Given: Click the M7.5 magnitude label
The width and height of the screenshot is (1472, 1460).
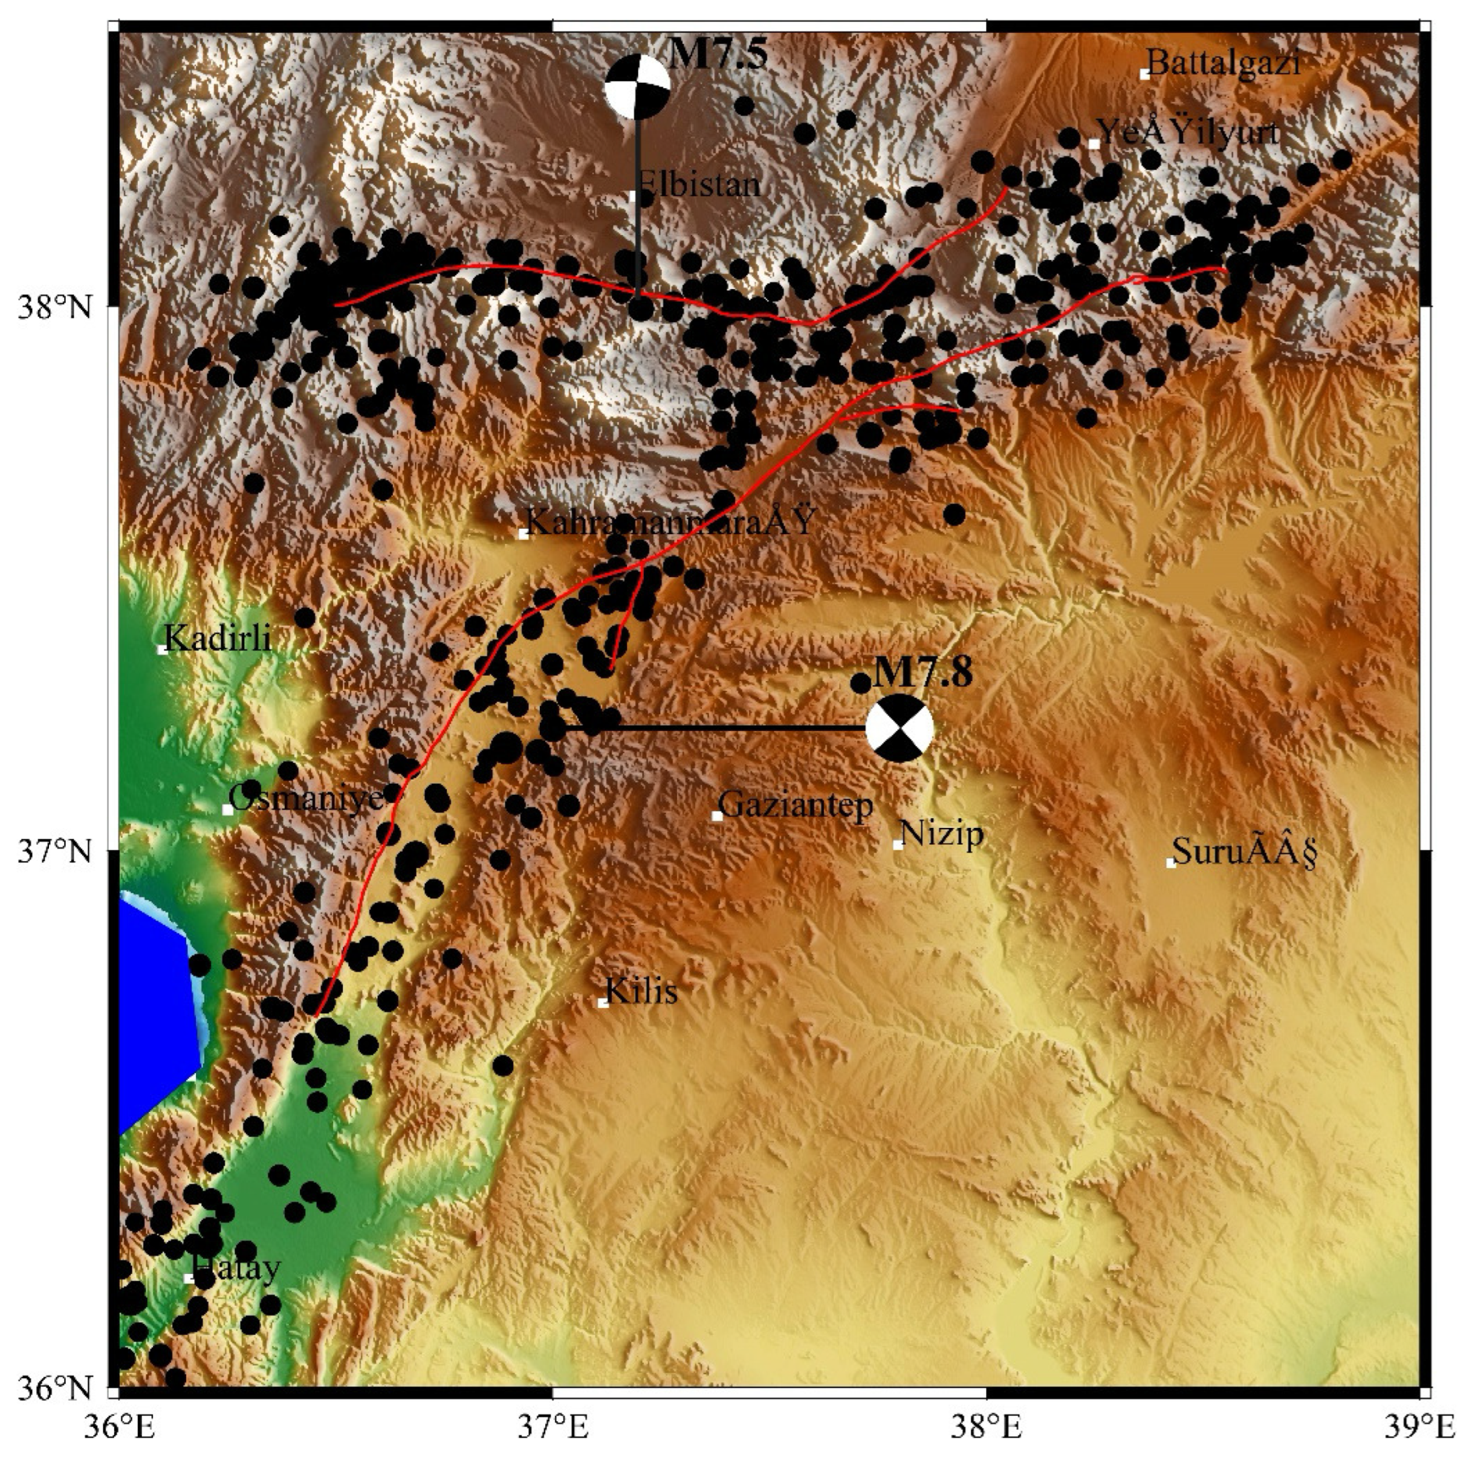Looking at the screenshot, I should tap(719, 55).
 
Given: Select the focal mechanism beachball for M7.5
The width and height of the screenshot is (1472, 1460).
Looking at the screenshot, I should tap(638, 88).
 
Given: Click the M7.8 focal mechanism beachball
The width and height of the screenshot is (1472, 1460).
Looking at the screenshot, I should tap(899, 728).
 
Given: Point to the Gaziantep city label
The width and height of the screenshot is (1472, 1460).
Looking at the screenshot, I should tap(796, 804).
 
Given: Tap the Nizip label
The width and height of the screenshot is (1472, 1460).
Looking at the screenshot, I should tap(942, 834).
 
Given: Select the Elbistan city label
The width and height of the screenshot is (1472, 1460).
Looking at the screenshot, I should tap(698, 185).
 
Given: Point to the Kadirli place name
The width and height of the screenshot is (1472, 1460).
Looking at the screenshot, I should tap(218, 638).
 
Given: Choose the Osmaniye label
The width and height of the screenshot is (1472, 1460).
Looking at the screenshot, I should tap(305, 798).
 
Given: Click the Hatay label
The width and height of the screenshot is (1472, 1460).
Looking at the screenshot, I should tap(236, 1268).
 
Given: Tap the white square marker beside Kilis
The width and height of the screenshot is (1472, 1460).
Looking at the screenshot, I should tap(603, 1003).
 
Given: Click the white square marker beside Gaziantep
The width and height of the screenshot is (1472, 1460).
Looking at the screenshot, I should tap(717, 816).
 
